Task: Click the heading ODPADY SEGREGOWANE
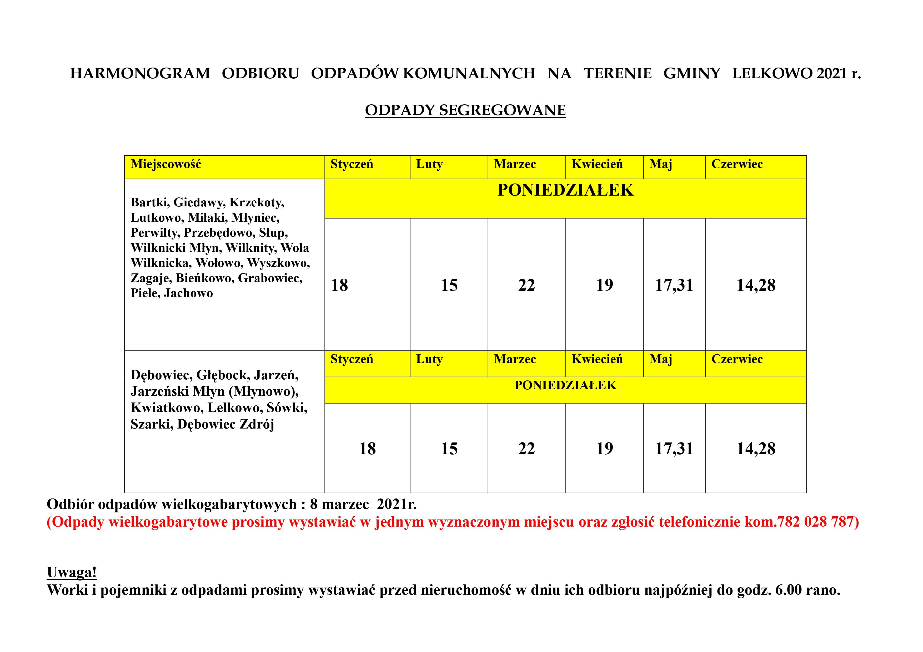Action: coord(465,110)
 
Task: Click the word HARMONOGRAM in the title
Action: coord(140,74)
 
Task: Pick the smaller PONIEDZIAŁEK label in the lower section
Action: coord(565,385)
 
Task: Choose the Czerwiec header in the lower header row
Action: coord(737,359)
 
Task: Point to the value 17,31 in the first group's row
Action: coord(674,285)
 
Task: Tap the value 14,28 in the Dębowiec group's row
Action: coord(756,449)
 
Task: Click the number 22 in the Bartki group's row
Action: coord(526,285)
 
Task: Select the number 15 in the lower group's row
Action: coord(449,449)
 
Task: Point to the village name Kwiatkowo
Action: coord(167,408)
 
